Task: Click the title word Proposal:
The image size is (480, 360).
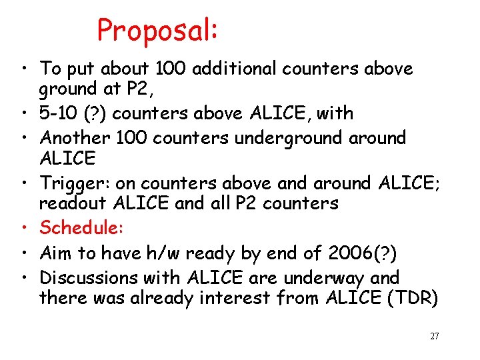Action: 158,31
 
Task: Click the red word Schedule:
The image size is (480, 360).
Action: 81,227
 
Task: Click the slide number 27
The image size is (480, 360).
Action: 434,337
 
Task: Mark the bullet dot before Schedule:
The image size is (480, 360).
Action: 23,229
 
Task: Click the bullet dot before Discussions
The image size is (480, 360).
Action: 23,278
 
